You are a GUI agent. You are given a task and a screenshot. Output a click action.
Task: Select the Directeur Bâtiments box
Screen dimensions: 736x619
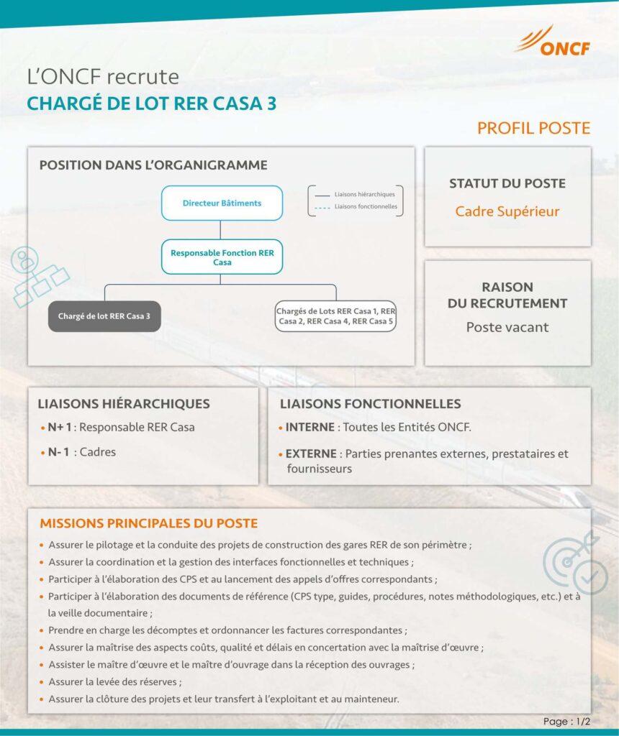222,203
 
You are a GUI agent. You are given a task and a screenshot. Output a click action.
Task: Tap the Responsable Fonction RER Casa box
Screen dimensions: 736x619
222,257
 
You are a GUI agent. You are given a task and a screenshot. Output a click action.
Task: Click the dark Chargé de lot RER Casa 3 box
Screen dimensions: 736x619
104,316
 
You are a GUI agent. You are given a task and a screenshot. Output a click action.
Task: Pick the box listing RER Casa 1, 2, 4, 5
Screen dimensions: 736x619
335,316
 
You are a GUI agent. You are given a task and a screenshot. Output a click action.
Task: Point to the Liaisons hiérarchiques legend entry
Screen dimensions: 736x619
356,195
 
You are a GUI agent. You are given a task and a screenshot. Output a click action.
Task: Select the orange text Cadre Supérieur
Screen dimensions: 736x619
507,211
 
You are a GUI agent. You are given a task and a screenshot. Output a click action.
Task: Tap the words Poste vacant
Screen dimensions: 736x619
507,328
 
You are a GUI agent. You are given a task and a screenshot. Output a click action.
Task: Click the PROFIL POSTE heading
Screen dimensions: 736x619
533,129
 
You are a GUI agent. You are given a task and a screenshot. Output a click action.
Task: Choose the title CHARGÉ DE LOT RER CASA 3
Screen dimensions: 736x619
151,103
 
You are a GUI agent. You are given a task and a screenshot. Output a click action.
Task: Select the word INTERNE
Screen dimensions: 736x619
309,427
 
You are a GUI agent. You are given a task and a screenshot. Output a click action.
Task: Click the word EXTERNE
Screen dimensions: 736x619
311,454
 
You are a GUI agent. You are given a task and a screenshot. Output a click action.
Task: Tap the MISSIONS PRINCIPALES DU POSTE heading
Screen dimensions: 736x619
148,523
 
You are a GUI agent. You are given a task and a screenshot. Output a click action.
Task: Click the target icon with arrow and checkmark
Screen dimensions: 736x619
576,561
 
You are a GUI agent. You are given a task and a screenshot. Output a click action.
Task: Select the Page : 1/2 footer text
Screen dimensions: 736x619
566,722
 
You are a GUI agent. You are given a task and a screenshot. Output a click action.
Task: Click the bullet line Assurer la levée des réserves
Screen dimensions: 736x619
115,681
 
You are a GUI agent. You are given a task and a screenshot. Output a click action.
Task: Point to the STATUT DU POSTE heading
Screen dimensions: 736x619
507,183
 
